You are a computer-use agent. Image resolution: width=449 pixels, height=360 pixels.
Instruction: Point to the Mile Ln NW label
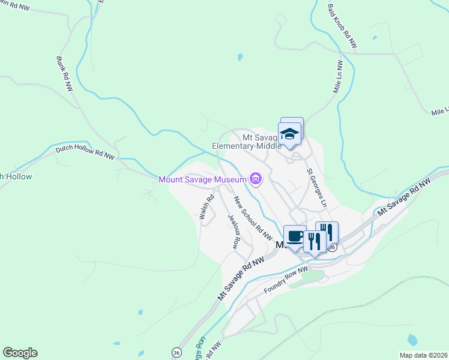tap(339, 76)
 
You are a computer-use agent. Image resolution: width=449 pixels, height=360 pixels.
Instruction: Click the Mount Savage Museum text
tap(202, 179)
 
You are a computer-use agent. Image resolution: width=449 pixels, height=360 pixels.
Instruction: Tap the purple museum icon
tap(256, 178)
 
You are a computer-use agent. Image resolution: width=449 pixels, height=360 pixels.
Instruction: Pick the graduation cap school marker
tap(290, 134)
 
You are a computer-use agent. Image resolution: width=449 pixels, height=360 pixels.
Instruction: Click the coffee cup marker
tap(294, 236)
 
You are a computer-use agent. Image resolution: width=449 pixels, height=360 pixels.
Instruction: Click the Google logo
tap(20, 353)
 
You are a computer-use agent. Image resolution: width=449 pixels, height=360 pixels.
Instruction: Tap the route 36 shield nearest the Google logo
tap(176, 352)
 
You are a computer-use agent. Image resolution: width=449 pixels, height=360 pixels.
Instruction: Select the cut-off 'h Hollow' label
tap(16, 177)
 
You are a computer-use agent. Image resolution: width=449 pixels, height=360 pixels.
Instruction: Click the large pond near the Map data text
tap(412, 340)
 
